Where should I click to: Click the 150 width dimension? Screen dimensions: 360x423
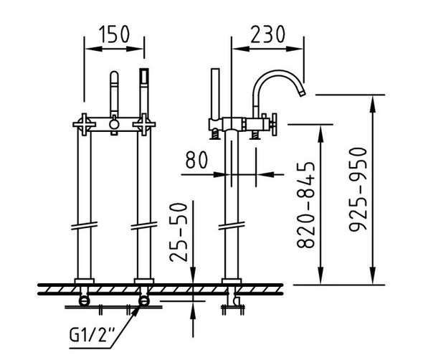(x=114, y=34)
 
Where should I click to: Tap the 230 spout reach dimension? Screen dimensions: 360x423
(x=267, y=34)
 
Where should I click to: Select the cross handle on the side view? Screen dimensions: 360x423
(x=273, y=125)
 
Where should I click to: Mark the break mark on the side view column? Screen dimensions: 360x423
(x=231, y=228)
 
